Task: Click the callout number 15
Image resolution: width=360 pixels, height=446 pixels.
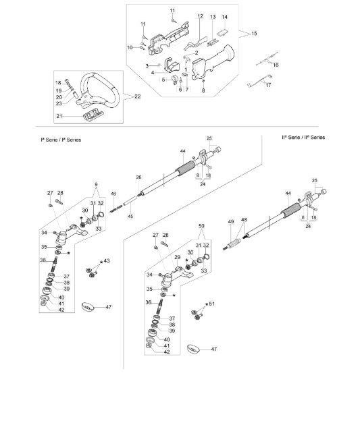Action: click(254, 33)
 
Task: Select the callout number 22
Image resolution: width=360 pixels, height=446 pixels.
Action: click(138, 96)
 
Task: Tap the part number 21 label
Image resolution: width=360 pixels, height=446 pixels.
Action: click(59, 116)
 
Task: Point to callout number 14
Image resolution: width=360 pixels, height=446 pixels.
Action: click(225, 17)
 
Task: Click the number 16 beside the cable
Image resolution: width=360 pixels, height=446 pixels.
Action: click(276, 65)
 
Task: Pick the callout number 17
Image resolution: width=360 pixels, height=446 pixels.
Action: click(268, 85)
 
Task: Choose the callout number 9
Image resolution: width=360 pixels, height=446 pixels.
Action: click(96, 184)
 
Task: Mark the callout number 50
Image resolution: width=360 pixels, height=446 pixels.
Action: click(201, 225)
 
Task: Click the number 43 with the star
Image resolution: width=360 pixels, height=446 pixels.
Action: click(107, 260)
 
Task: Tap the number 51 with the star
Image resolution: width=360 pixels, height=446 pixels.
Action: click(211, 304)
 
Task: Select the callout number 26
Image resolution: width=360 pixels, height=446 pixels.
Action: click(138, 177)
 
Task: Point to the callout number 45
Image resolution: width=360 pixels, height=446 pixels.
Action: click(130, 216)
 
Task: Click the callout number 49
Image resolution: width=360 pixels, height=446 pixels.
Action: click(231, 221)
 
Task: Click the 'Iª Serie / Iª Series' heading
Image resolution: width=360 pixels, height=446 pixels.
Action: click(61, 140)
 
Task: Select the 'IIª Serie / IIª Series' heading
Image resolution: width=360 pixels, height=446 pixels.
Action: click(303, 137)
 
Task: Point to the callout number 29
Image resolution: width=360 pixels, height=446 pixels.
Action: click(177, 257)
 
